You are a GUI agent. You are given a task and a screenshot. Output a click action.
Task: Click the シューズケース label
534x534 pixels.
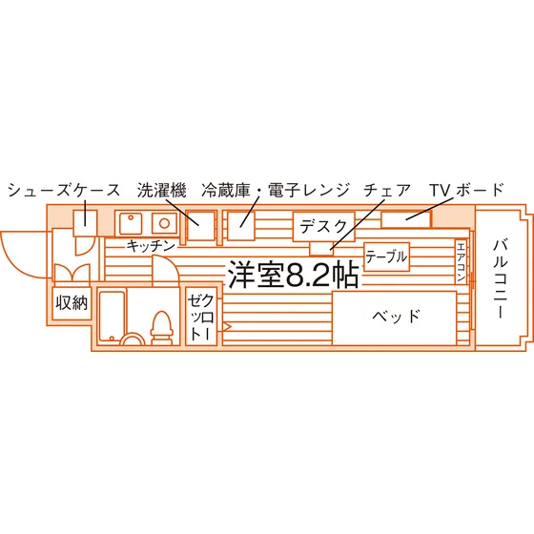coord(64,191)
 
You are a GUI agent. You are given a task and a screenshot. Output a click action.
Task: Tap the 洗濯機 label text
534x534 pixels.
coord(162,191)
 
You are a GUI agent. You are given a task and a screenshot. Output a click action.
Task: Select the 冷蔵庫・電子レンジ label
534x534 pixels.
coord(276,191)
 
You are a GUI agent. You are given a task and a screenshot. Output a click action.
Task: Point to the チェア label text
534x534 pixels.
coord(387,191)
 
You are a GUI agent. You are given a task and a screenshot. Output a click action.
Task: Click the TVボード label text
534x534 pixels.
coord(466,190)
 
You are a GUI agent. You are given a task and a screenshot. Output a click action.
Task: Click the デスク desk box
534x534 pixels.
coord(323,227)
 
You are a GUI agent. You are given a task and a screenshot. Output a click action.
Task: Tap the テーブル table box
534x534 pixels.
coord(386,257)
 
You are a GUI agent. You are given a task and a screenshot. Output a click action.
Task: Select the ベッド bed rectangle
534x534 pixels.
coord(395,318)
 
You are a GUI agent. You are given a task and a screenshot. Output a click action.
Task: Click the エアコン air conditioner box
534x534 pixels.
coord(461,261)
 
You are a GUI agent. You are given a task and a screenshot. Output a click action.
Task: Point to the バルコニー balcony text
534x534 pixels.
coord(501,279)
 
